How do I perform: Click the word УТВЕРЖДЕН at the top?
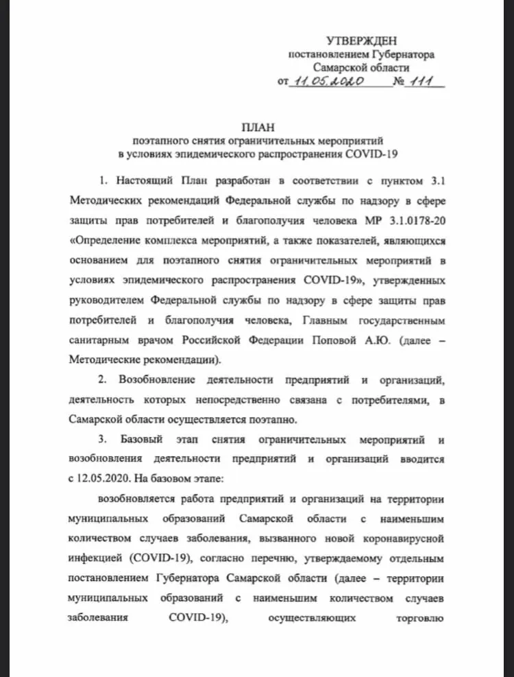pos(361,42)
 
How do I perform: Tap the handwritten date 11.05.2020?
pos(326,82)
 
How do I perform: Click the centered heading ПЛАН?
pos(257,126)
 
